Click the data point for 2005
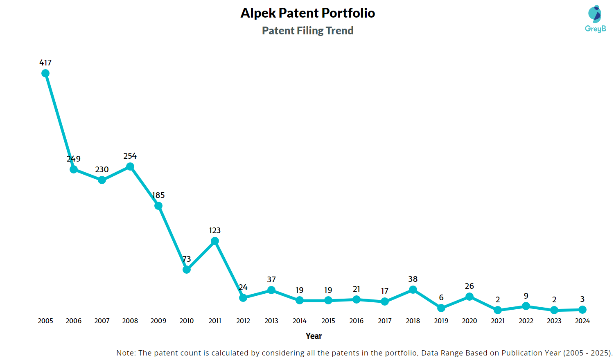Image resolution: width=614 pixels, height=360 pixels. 45,73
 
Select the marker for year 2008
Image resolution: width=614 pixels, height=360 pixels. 130,166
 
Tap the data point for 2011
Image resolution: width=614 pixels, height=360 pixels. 215,241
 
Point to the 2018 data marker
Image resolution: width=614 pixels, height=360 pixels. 413,290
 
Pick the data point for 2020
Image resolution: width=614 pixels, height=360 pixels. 470,297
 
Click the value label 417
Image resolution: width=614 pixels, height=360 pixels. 45,63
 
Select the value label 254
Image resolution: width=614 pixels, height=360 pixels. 130,156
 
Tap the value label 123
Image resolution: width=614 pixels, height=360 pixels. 215,230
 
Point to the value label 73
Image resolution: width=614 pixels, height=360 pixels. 187,259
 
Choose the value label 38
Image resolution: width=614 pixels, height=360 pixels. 413,279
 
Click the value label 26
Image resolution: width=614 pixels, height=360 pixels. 470,286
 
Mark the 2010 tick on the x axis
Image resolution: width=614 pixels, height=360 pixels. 187,321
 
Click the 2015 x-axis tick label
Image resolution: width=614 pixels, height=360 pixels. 328,321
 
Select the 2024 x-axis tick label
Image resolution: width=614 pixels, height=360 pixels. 582,321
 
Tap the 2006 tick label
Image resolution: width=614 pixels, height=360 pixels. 74,321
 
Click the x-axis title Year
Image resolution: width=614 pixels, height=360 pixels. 314,336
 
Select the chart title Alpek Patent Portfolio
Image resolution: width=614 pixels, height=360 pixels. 308,13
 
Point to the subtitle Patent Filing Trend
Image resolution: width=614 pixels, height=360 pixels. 308,31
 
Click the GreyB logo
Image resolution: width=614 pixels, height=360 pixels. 595,19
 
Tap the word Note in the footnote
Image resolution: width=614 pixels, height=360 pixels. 125,353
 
